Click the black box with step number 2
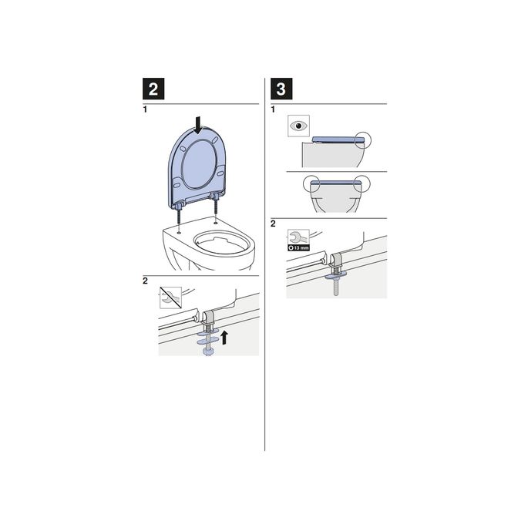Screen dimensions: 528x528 tap(154, 89)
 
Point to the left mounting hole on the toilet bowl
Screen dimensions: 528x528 tap(179, 231)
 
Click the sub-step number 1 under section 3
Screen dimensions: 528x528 tap(273, 109)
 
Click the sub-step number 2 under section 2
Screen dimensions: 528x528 tap(144, 281)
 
